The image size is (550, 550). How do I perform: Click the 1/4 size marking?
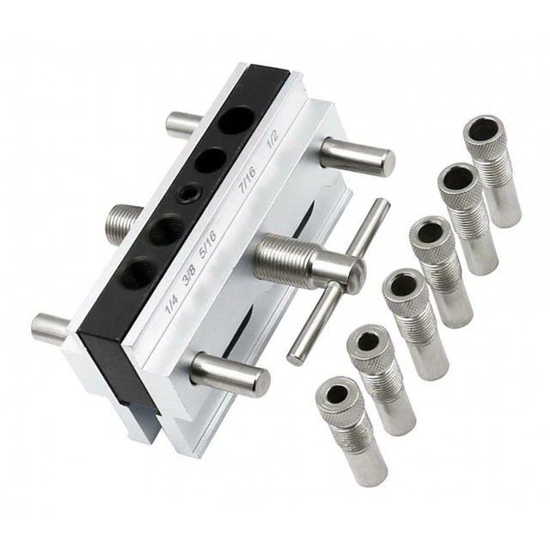point(172,304)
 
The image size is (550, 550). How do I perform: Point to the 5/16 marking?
point(208,244)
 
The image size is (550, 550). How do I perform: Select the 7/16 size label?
point(247,180)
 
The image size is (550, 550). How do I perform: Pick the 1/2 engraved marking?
point(272,140)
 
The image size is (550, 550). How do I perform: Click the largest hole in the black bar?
point(235,120)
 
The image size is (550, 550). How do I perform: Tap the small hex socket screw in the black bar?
point(189,192)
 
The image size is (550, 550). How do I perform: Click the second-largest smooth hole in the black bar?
point(211,161)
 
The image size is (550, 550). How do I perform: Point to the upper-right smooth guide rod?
point(357,156)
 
